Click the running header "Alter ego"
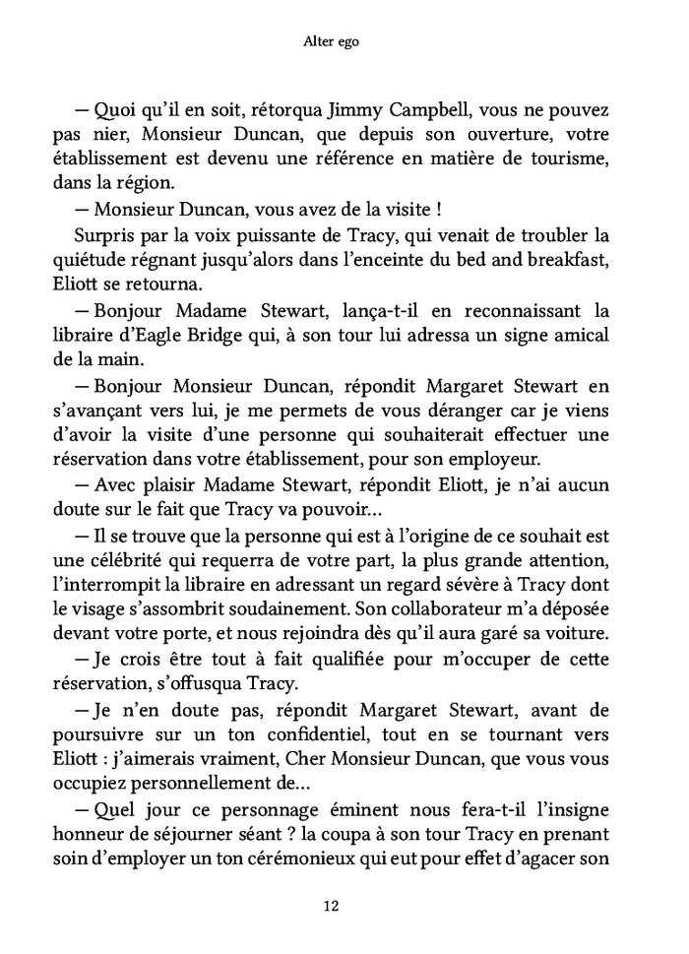point(344,44)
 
